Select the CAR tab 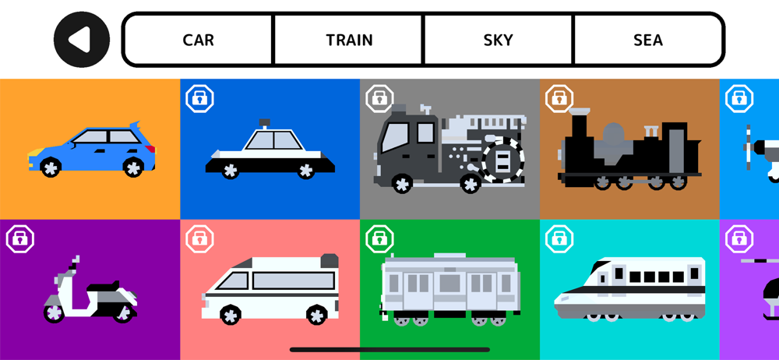(198, 40)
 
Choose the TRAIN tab (349, 40)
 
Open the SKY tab (499, 40)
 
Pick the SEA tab (648, 40)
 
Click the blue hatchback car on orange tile (92, 149)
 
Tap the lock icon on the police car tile (200, 98)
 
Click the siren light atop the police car (264, 122)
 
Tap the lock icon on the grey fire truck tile (379, 98)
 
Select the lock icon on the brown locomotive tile (559, 98)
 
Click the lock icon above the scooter (20, 238)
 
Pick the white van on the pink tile (270, 288)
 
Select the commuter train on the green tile (449, 288)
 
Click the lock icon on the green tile (379, 238)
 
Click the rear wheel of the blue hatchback (133, 166)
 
